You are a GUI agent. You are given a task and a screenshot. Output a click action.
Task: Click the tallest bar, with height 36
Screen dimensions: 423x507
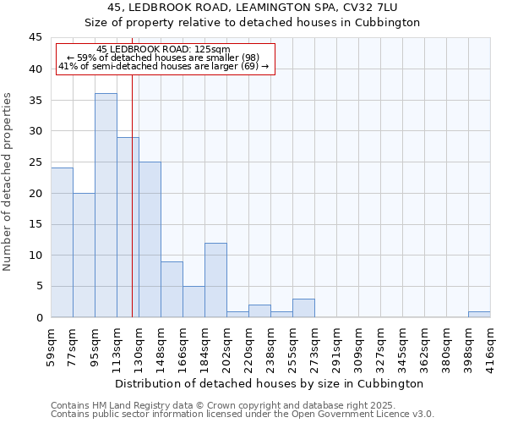(x=106, y=206)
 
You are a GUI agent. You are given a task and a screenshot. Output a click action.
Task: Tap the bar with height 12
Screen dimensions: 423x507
(x=215, y=280)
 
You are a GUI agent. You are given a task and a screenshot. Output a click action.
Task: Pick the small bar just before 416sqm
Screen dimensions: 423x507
(x=479, y=315)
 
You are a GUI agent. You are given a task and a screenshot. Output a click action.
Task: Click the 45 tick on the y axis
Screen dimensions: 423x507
(x=35, y=37)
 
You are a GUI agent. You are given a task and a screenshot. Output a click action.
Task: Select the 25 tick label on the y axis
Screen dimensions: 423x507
(x=35, y=162)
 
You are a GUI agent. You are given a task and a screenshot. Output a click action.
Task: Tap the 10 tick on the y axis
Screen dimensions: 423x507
(x=35, y=255)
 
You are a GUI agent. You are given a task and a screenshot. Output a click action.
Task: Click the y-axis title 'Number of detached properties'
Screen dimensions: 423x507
(x=8, y=182)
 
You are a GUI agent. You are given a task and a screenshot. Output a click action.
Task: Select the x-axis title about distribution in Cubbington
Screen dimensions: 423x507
(x=270, y=383)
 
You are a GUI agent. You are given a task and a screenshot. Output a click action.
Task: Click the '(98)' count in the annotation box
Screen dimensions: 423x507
(x=250, y=58)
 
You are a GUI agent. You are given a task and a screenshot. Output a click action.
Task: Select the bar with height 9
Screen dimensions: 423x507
(x=172, y=289)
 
